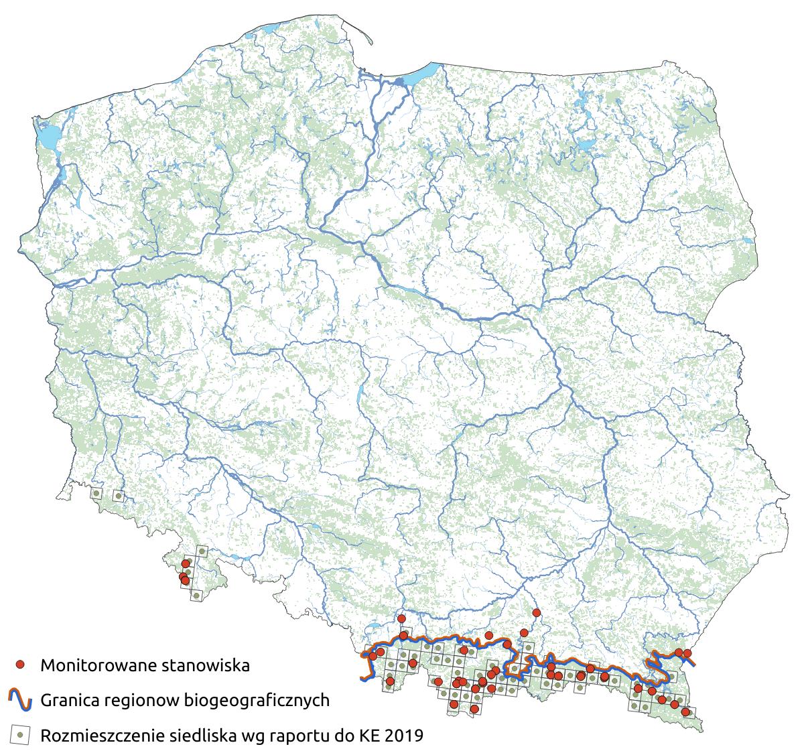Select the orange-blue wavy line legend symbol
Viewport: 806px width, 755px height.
pos(21,700)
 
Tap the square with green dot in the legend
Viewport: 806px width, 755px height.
pos(21,735)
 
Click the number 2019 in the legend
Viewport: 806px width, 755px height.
pos(403,736)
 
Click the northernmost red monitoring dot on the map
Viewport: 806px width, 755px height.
pos(536,612)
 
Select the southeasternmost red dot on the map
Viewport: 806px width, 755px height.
pos(685,712)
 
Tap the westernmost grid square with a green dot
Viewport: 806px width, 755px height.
pos(96,494)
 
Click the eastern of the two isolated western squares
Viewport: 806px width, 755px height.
pos(119,496)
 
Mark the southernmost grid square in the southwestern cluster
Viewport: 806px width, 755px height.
pos(196,595)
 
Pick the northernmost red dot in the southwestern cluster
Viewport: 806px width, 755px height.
pos(186,564)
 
